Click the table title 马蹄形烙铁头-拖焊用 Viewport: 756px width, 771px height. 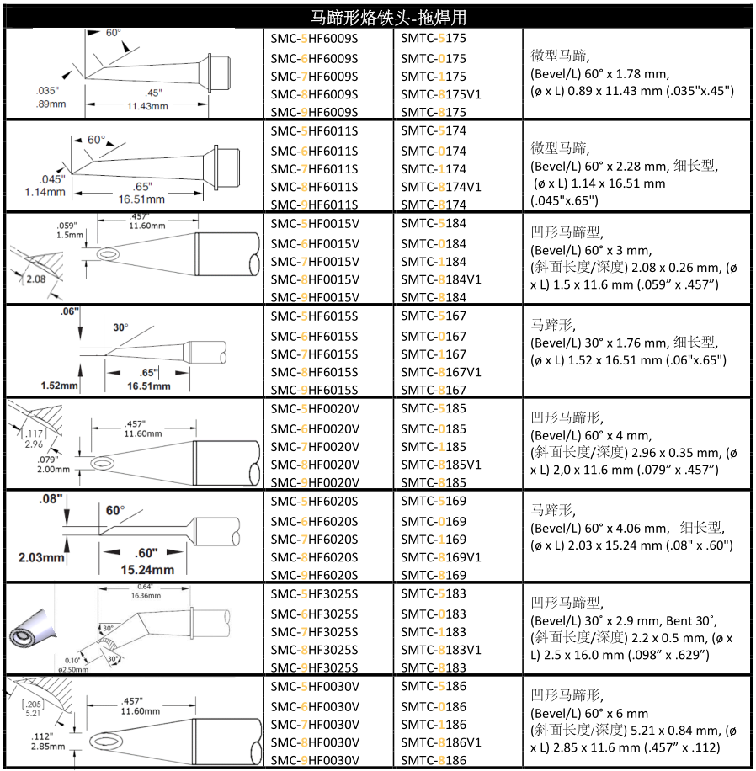(377, 17)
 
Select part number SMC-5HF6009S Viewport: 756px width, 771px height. (314, 39)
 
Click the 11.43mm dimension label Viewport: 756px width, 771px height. (147, 106)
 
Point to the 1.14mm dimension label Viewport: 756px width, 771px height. (46, 191)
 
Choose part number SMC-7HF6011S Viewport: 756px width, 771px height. (314, 168)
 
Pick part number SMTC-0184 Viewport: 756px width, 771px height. (433, 243)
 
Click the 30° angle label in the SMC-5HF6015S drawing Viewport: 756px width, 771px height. (120, 327)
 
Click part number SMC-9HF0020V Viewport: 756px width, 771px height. (314, 482)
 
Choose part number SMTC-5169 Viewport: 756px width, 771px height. (433, 502)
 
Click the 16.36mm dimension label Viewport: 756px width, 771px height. (141, 595)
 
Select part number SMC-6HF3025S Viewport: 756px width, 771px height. (314, 614)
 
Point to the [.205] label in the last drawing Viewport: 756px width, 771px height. (32, 703)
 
